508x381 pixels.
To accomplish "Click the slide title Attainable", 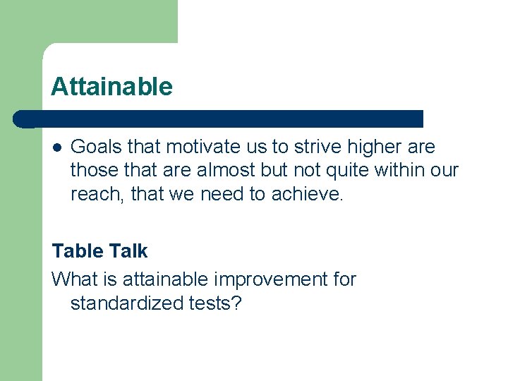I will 111,87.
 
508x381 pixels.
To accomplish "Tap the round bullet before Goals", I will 56,148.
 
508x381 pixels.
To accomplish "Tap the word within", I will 401,170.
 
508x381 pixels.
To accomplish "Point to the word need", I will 223,194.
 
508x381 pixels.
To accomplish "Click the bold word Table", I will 78,251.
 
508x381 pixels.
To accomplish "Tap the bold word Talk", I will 129,251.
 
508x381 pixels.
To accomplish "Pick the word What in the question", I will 73,279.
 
